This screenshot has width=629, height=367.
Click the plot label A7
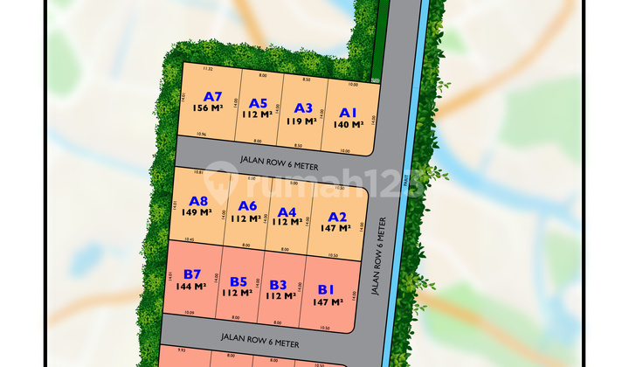click(212, 96)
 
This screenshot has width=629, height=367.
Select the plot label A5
click(258, 102)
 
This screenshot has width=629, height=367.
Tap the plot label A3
click(303, 108)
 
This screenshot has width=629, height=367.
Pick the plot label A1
click(349, 113)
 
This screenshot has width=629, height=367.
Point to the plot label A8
click(198, 200)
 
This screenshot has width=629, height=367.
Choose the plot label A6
click(247, 206)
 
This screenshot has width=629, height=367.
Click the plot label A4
click(287, 211)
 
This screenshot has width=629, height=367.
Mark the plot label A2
click(337, 218)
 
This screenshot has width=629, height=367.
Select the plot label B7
click(192, 274)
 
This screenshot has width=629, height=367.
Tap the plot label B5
click(238, 281)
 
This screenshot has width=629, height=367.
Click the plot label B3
click(278, 284)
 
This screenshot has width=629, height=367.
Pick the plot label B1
click(326, 289)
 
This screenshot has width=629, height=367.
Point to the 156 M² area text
click(212, 108)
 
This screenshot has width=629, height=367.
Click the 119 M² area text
click(303, 121)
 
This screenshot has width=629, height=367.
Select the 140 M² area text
click(349, 125)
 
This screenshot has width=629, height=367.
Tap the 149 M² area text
click(198, 211)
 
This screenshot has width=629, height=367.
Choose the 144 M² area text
click(192, 286)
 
